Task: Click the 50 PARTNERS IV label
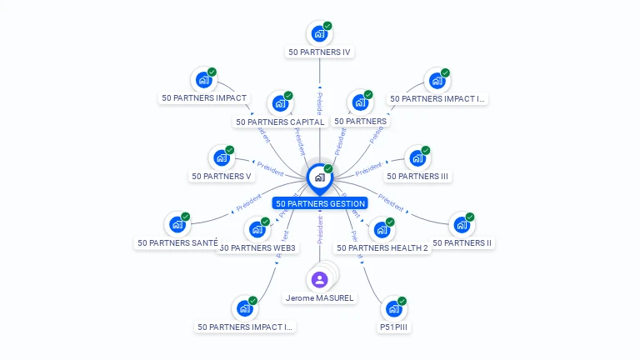coord(319,52)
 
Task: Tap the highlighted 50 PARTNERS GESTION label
coord(320,203)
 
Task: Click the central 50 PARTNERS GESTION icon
coord(319,177)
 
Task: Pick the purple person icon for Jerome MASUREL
coord(319,279)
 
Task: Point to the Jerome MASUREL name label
coord(320,297)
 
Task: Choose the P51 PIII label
coord(394,327)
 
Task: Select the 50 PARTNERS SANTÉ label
coord(178,243)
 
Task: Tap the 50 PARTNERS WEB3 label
coord(257,247)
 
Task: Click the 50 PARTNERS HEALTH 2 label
coord(382,247)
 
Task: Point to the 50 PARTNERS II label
coord(462,243)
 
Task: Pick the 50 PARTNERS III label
coord(417,176)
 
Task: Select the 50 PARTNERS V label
coord(221,176)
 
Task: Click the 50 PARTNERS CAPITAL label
coord(280,122)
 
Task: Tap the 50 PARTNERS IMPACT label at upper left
coord(204,97)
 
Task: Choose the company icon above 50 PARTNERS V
coord(221,157)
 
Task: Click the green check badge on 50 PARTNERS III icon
coord(426,151)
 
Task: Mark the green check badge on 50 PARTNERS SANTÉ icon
coord(185,217)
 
